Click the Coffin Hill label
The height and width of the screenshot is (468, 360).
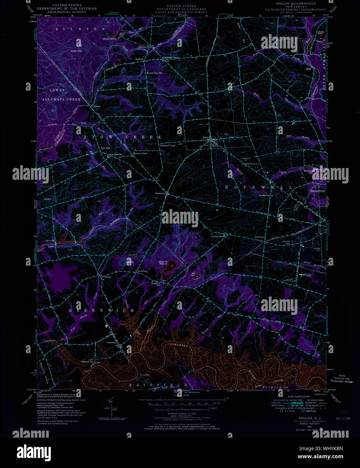[x=76, y=51]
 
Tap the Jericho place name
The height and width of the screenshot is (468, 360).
[x=97, y=106]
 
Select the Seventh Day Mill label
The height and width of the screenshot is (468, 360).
[x=154, y=73]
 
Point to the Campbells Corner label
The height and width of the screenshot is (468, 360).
[x=171, y=58]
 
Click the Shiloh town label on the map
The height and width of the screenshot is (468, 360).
[x=206, y=137]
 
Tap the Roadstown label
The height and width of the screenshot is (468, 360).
[x=160, y=193]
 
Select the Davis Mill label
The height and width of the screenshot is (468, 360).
[x=50, y=241]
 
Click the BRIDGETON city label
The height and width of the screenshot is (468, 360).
[x=317, y=191]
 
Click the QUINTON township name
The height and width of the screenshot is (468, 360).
[x=80, y=29]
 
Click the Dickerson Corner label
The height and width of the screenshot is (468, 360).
[x=168, y=145]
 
